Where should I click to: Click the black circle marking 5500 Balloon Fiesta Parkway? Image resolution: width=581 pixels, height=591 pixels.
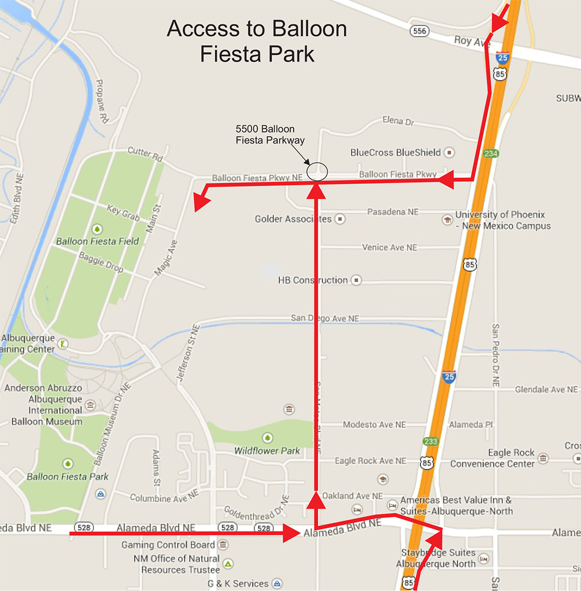(x=317, y=172)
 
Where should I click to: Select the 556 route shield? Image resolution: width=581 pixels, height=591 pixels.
(x=419, y=31)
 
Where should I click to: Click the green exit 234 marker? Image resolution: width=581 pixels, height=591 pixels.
(x=490, y=154)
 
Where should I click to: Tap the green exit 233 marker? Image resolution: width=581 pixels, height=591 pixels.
(x=430, y=441)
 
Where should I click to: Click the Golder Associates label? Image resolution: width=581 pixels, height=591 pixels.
(x=293, y=219)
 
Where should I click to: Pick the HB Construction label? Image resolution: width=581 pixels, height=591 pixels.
(x=313, y=280)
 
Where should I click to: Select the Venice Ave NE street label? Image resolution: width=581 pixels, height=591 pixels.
(x=389, y=247)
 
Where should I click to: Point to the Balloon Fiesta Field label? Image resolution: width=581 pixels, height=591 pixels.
(x=97, y=241)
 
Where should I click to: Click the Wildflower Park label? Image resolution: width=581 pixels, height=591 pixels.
(x=267, y=451)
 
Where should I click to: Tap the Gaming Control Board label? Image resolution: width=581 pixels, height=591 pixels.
(x=168, y=545)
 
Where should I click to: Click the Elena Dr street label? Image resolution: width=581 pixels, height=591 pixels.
(x=398, y=121)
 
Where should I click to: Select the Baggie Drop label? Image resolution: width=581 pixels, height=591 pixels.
(x=101, y=263)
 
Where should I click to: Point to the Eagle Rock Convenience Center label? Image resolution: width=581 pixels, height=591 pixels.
(x=492, y=459)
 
